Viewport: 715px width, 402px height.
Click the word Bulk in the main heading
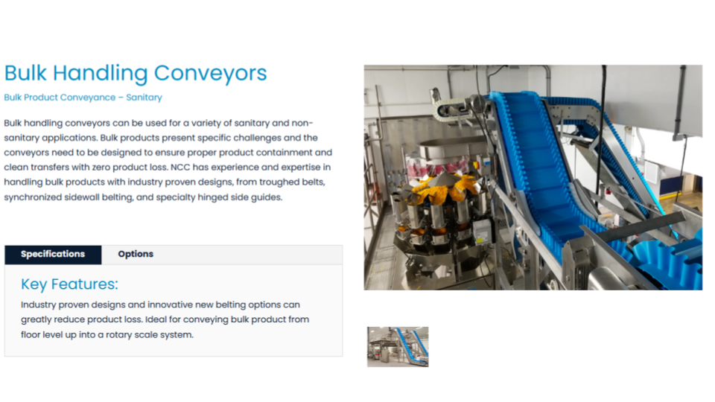25,73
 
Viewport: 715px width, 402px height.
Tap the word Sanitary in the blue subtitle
144,98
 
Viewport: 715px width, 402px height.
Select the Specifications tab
53,254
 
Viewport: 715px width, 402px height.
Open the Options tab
136,254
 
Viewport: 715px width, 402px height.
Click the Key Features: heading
69,284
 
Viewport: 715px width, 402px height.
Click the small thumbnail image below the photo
398,347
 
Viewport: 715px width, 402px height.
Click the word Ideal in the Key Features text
183,319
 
